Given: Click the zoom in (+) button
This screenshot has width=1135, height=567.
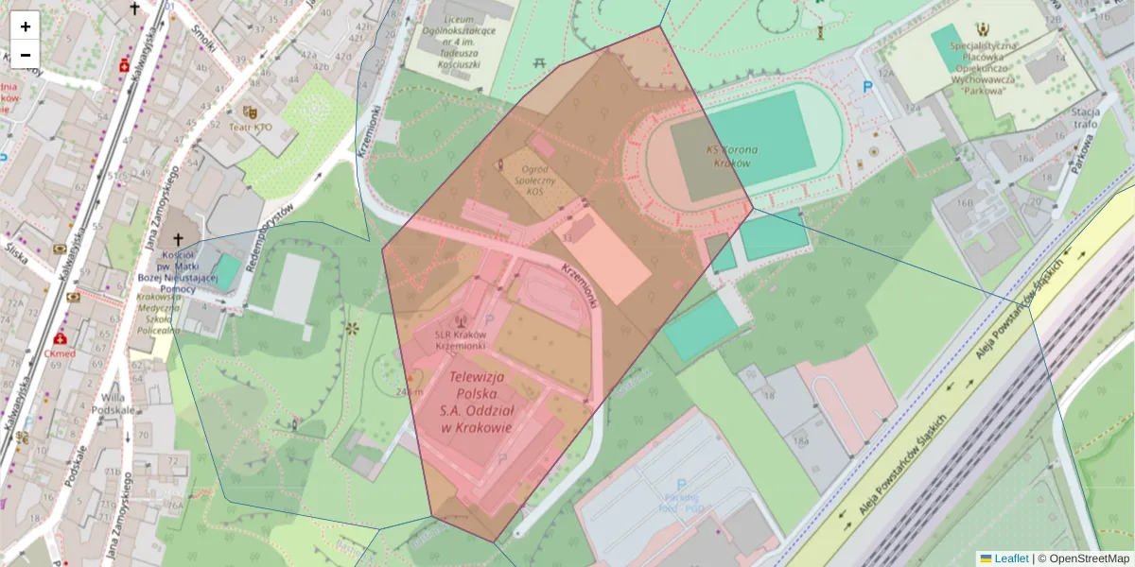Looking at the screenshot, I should click(26, 26).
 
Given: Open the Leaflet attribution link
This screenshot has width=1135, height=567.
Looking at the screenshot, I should click(1010, 558).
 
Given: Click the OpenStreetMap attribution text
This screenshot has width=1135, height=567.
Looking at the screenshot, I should click(1090, 558).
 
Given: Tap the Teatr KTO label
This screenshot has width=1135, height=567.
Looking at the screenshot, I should click(249, 127).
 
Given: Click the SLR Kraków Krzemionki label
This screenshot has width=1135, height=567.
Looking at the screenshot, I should click(460, 340).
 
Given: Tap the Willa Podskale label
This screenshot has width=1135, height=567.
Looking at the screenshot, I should click(113, 404).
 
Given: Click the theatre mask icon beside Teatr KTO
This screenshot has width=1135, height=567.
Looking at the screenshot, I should click(249, 111).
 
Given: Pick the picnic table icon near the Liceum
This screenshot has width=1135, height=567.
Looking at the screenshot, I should click(541, 62).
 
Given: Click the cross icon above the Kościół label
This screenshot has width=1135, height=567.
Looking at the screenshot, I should click(176, 240).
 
